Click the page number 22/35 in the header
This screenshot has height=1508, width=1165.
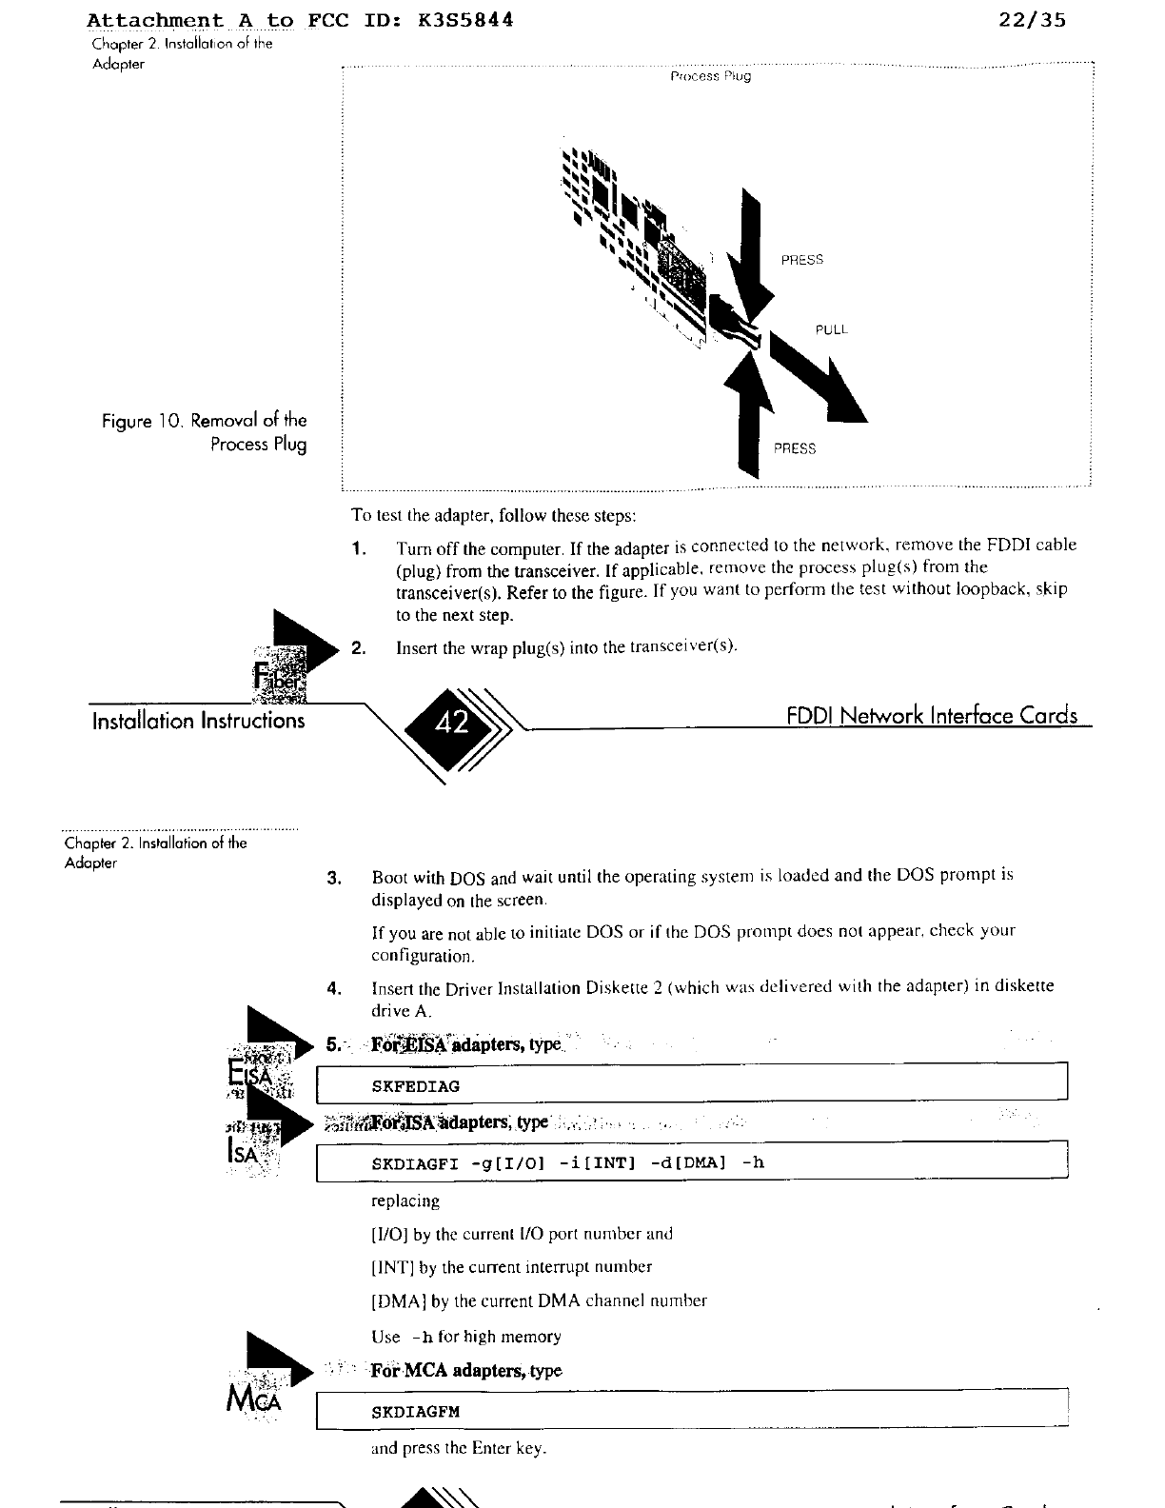point(1033,20)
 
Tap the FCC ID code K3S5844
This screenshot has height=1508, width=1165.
point(465,20)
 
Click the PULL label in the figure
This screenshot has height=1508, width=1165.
point(831,329)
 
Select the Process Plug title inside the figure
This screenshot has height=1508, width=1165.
point(710,76)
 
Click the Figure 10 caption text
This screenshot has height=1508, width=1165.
point(205,432)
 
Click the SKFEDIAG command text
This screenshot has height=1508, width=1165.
point(415,1086)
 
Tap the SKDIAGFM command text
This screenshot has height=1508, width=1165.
point(415,1412)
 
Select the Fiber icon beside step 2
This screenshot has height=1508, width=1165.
point(279,670)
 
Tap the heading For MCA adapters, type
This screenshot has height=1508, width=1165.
point(465,1371)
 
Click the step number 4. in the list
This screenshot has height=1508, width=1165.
point(334,988)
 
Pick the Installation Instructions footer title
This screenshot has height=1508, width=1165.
point(198,721)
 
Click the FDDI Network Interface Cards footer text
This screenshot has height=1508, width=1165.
point(932,715)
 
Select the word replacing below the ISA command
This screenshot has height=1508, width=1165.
point(405,1201)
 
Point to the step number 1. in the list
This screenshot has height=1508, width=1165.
point(359,549)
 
